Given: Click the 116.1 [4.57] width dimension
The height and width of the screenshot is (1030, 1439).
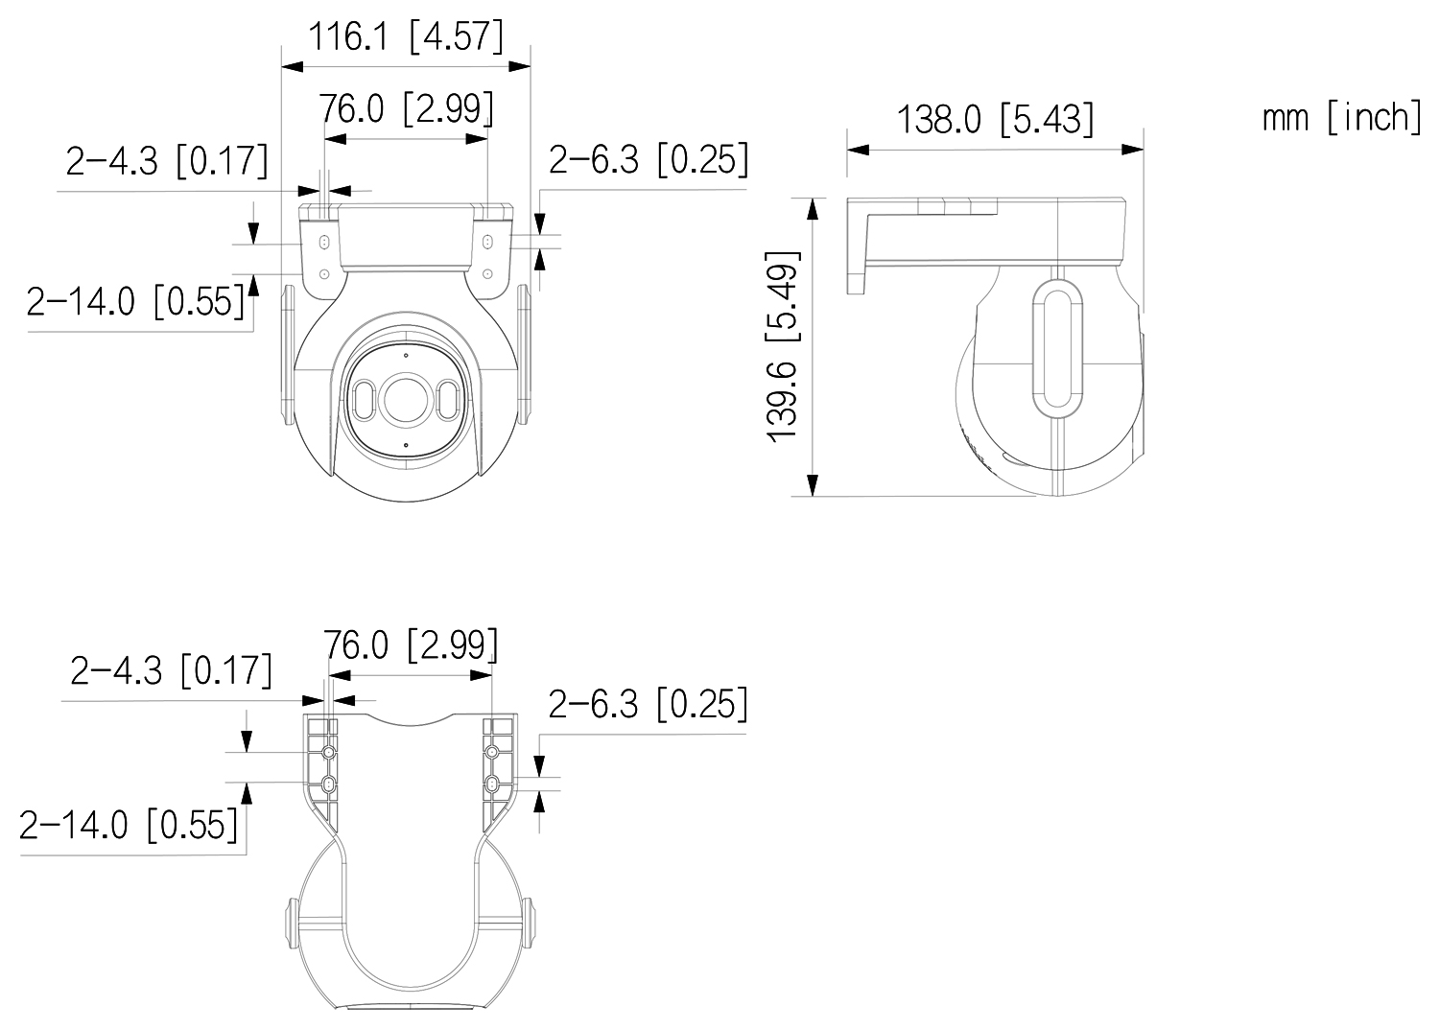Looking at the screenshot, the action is pos(407,36).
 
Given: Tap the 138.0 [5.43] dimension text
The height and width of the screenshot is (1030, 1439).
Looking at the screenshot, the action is pos(995,120).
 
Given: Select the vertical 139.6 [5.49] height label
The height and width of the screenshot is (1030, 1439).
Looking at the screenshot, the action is pos(783,346).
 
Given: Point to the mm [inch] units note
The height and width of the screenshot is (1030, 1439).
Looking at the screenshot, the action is pos(1342,118).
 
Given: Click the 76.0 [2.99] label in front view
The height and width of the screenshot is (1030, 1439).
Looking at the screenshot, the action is pos(408,108).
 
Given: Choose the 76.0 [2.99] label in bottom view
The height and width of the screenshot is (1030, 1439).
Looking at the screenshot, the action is pos(411,644).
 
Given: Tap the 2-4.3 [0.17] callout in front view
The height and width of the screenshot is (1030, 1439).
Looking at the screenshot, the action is pos(167,160).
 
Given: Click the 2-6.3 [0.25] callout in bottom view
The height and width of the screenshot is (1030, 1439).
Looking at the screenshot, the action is pos(649,704).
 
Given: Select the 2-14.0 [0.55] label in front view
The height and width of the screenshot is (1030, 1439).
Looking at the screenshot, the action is pos(135,301).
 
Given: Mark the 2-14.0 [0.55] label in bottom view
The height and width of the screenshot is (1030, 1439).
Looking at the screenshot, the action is pos(129,825).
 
